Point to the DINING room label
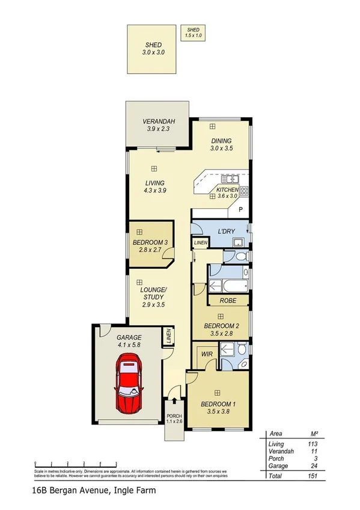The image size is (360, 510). point(221,141)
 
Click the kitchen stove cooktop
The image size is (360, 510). point(244,191)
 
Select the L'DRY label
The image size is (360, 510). point(226,231)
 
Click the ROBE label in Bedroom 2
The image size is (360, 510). point(228,300)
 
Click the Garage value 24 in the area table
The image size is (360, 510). point(313,465)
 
